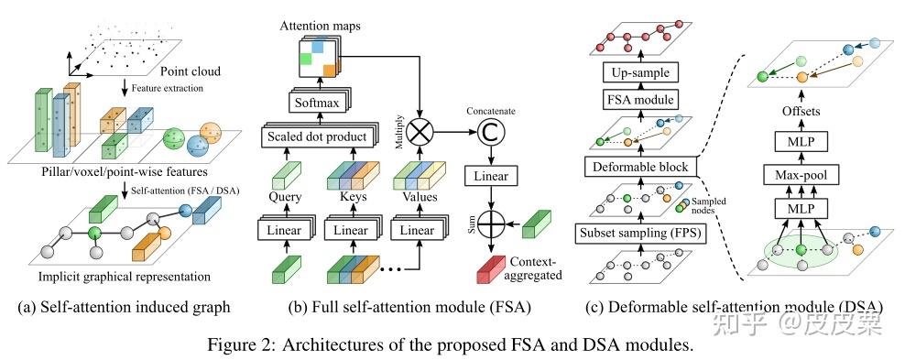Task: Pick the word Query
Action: [286, 195]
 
